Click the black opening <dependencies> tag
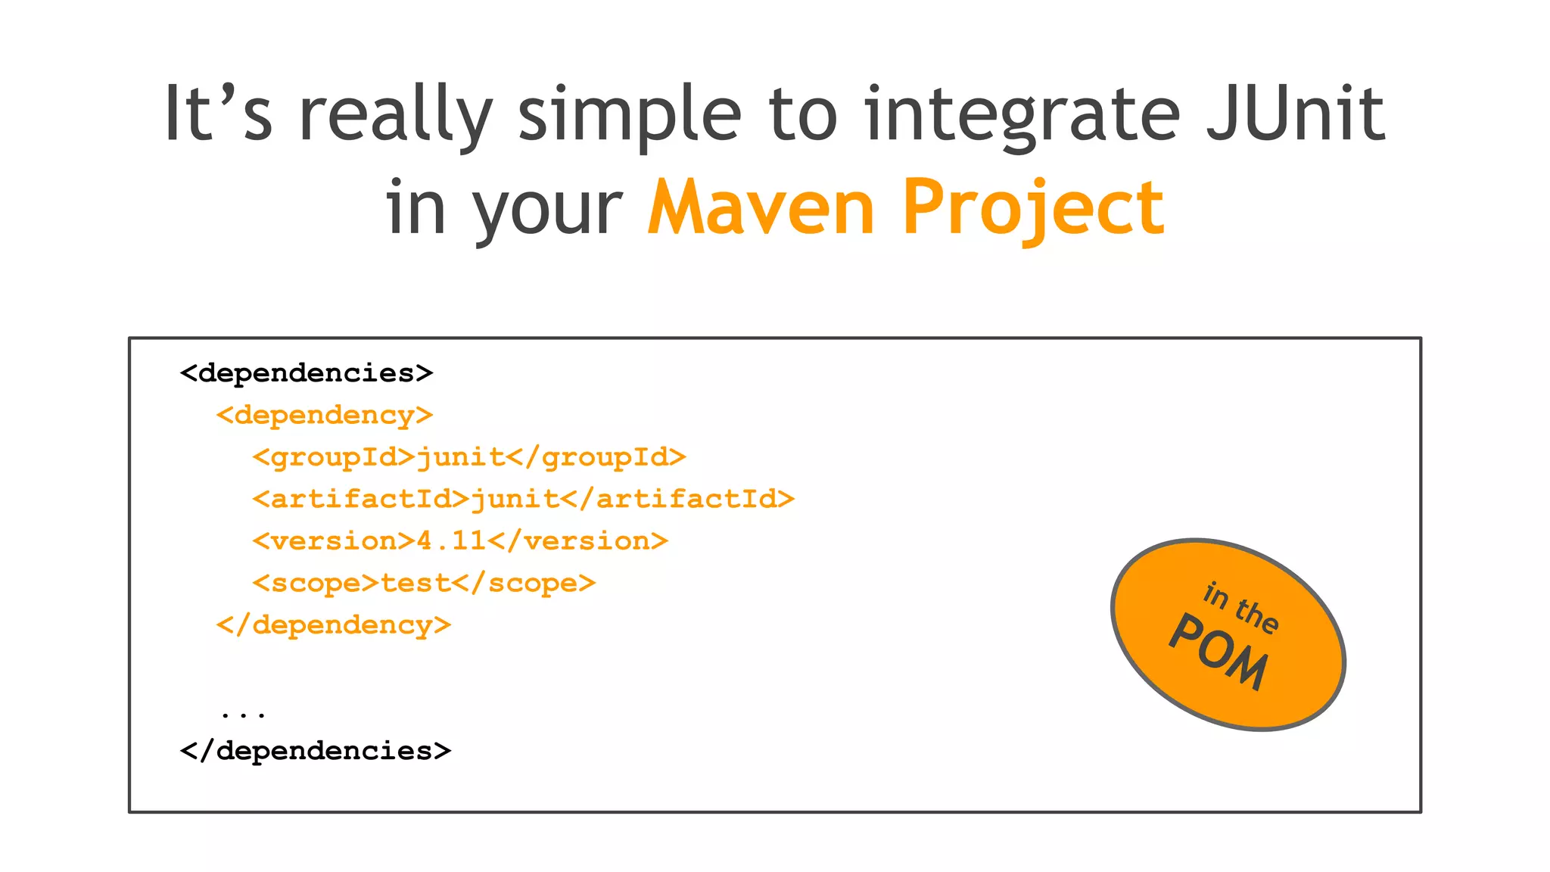pyautogui.click(x=307, y=373)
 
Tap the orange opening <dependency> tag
pyautogui.click(x=325, y=415)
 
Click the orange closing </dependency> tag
pyautogui.click(x=334, y=625)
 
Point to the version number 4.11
pyautogui.click(x=451, y=540)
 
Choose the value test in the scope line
pyautogui.click(x=416, y=583)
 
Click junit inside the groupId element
pyautogui.click(x=461, y=456)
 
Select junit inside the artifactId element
pyautogui.click(x=515, y=499)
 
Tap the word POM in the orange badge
pyautogui.click(x=1218, y=652)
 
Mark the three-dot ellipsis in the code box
pyautogui.click(x=243, y=713)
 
